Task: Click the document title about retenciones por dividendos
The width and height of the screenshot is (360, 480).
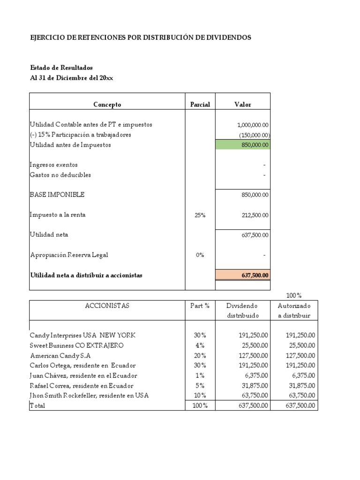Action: pos(140,37)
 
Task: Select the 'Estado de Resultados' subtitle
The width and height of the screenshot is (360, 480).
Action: pos(61,68)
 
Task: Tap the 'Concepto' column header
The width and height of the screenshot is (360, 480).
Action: pos(107,105)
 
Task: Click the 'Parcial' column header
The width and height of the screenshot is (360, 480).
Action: pos(200,105)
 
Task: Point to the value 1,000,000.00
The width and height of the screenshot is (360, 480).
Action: pos(253,125)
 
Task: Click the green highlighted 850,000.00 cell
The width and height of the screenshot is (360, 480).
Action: pos(242,145)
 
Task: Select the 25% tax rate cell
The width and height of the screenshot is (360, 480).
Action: pos(200,215)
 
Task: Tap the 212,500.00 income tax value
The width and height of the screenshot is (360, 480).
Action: pos(253,215)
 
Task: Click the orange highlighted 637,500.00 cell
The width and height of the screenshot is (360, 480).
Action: pos(242,275)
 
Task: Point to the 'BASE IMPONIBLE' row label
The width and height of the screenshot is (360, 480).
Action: pos(57,195)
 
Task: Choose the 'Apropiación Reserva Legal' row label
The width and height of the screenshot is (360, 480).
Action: pos(69,255)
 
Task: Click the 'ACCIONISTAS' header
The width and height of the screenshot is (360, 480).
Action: pos(107,306)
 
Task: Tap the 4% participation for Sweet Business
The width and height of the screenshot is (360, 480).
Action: pos(200,345)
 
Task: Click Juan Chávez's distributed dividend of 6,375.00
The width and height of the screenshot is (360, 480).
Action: pos(256,375)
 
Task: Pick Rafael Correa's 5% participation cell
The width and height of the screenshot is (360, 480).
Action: pos(200,386)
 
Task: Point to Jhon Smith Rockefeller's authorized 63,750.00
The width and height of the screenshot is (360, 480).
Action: pos(300,396)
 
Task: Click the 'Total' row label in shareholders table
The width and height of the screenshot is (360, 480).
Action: pos(37,405)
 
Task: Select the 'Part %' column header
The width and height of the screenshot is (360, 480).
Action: pos(200,306)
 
